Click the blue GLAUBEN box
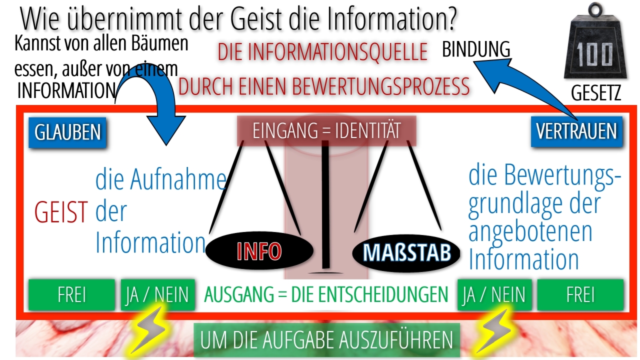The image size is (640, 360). (x=67, y=132)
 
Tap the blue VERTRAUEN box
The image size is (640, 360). (x=576, y=131)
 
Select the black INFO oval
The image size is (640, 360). (x=259, y=250)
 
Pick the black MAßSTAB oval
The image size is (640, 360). (x=406, y=253)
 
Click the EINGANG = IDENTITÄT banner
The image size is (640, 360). (x=326, y=131)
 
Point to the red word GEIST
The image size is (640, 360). (x=61, y=212)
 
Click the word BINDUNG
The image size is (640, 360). (x=476, y=49)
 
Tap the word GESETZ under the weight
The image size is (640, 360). (x=596, y=93)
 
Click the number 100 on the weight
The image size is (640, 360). (x=594, y=55)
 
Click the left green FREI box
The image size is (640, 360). (x=71, y=294)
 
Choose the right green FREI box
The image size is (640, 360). (x=580, y=294)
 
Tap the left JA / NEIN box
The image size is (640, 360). (x=157, y=294)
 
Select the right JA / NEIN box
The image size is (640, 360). (x=494, y=294)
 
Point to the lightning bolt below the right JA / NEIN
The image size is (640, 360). (x=493, y=331)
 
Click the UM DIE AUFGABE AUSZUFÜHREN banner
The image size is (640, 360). (x=327, y=340)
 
